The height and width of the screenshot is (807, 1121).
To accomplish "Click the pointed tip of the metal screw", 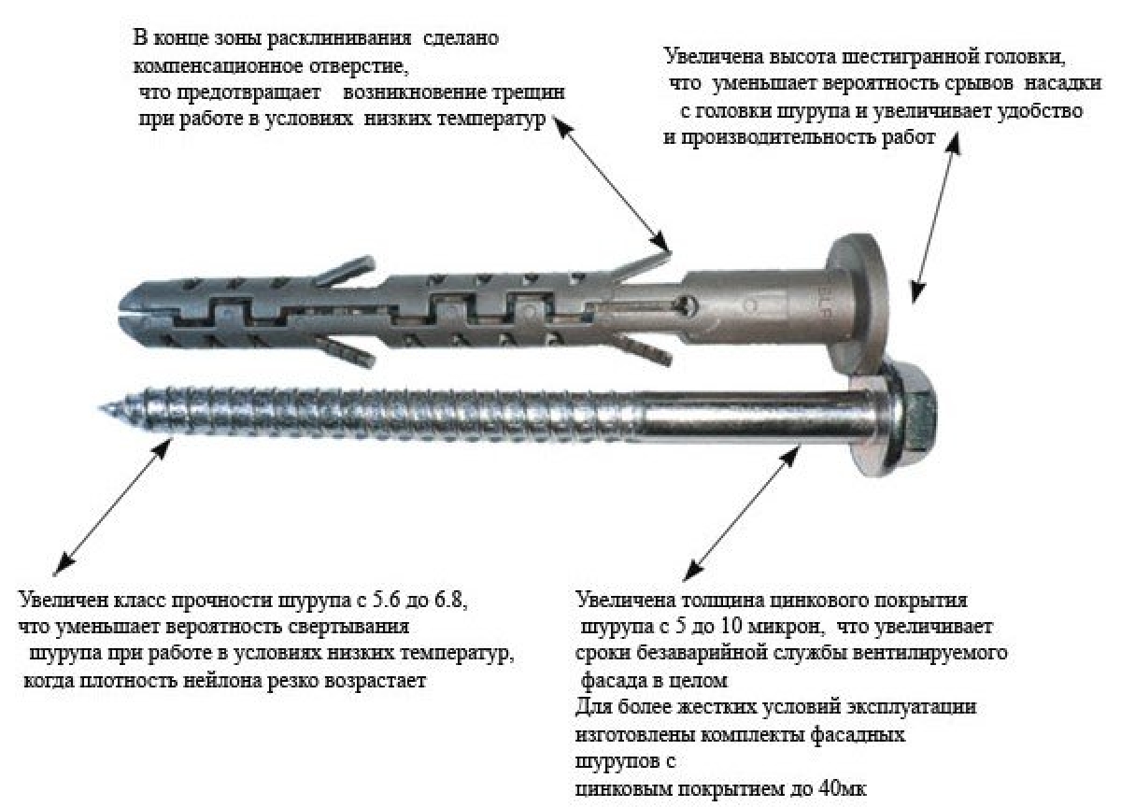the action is click(100, 408).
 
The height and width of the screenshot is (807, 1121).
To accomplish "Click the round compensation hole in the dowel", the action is click(687, 304).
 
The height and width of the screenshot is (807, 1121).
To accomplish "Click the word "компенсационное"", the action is click(219, 66).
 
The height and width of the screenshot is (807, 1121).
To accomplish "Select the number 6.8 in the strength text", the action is click(449, 600).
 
